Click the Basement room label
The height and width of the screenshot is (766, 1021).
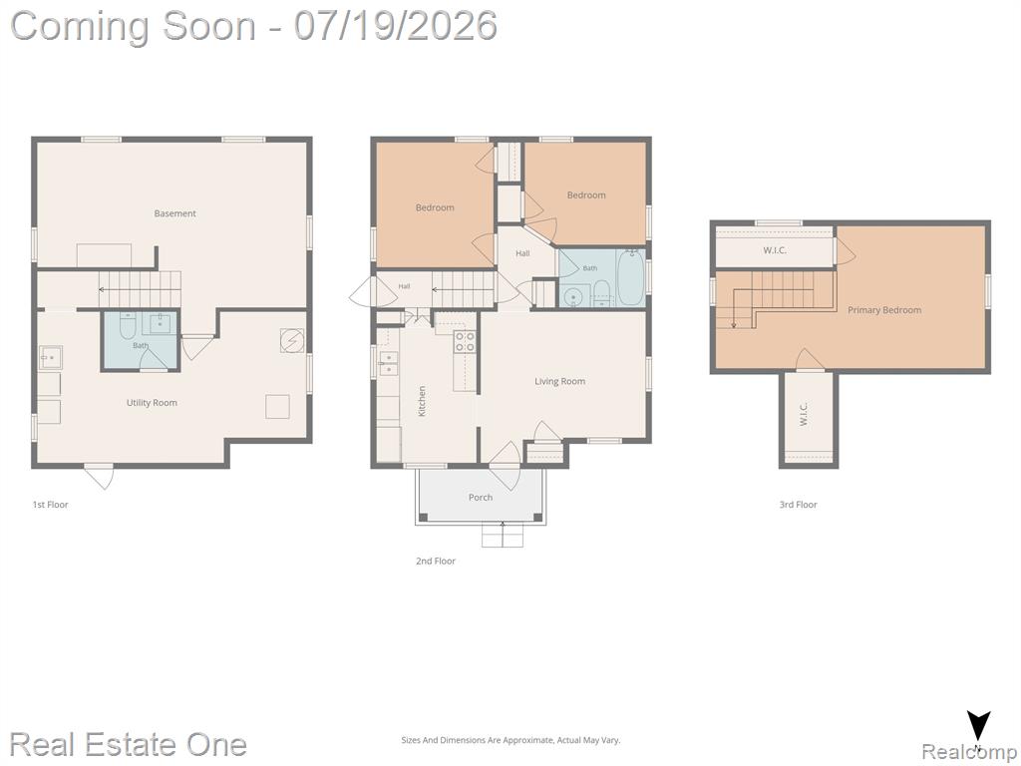click(174, 213)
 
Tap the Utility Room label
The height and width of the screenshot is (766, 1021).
click(152, 403)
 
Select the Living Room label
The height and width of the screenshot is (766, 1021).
click(560, 382)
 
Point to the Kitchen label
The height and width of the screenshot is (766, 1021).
click(422, 401)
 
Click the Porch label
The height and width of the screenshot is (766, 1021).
click(481, 498)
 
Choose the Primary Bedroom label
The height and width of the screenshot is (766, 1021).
click(884, 310)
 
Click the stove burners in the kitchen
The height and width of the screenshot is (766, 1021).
click(465, 342)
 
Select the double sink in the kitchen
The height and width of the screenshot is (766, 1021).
click(388, 363)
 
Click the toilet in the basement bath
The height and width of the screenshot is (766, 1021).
click(128, 326)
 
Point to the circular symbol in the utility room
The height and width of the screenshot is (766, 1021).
click(292, 341)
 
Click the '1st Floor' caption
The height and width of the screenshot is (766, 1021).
click(50, 505)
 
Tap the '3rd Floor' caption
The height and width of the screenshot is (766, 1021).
click(799, 505)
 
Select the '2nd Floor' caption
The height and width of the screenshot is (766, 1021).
click(436, 561)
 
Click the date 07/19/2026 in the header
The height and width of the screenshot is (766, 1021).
click(396, 26)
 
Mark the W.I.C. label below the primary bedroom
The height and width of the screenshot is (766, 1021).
click(804, 414)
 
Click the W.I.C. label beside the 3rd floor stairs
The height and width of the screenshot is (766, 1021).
click(774, 250)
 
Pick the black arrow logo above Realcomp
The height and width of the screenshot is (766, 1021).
click(978, 726)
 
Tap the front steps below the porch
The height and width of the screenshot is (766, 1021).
click(503, 536)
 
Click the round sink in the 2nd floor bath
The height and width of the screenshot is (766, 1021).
click(573, 297)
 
